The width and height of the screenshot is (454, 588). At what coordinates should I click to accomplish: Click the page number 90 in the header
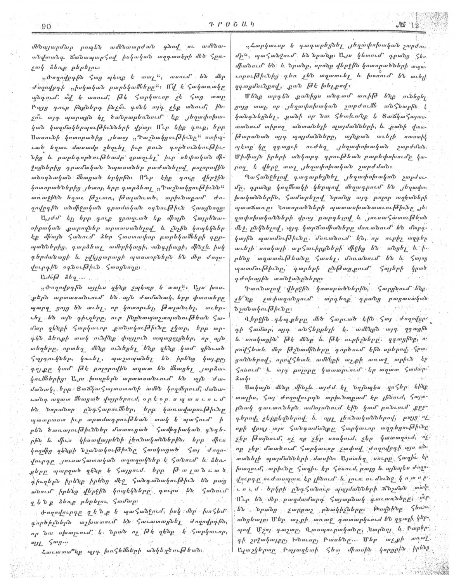coord(45,27)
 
